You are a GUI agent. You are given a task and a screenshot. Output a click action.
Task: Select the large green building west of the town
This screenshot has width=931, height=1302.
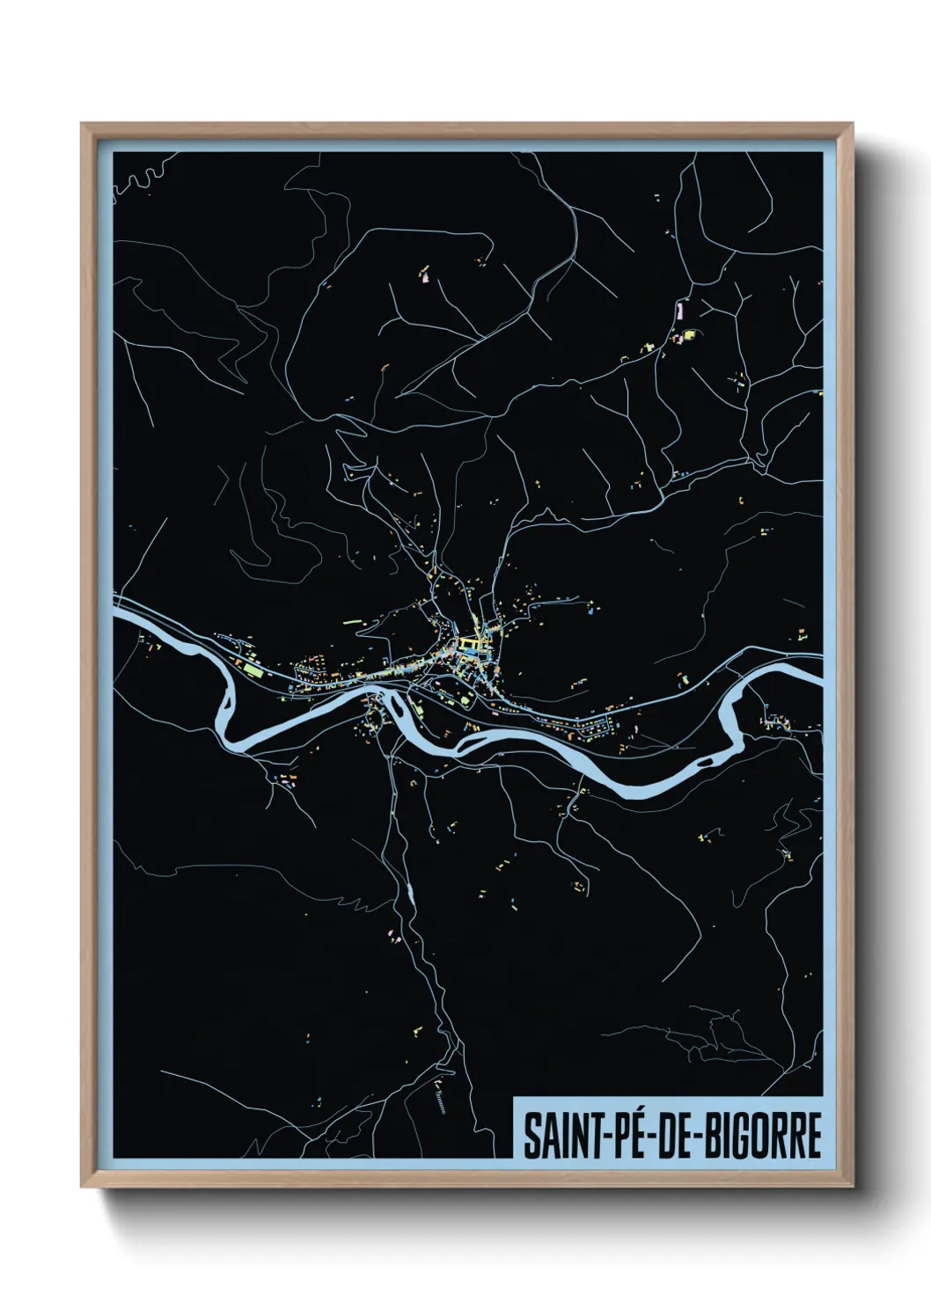(x=253, y=671)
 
